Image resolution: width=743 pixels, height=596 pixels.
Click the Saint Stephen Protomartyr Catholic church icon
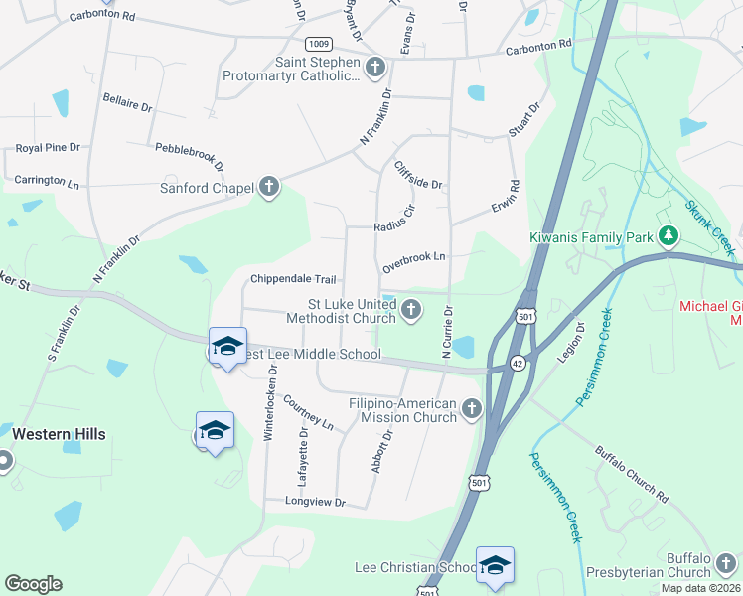point(374,68)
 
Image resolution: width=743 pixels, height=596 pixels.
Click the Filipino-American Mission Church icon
point(472,408)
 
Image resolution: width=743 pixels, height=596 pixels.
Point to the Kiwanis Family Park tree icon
point(670,236)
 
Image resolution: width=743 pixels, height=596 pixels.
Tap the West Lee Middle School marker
point(227,346)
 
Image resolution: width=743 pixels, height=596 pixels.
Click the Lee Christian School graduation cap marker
point(494,564)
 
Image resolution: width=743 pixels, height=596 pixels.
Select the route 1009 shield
point(319,44)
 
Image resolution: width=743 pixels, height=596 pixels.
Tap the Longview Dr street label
point(315,503)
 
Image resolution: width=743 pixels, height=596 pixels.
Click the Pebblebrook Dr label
point(190,157)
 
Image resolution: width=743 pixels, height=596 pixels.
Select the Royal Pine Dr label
point(48,148)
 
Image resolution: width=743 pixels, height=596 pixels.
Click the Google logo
point(33,584)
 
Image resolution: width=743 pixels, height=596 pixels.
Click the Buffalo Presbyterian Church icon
point(728,562)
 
